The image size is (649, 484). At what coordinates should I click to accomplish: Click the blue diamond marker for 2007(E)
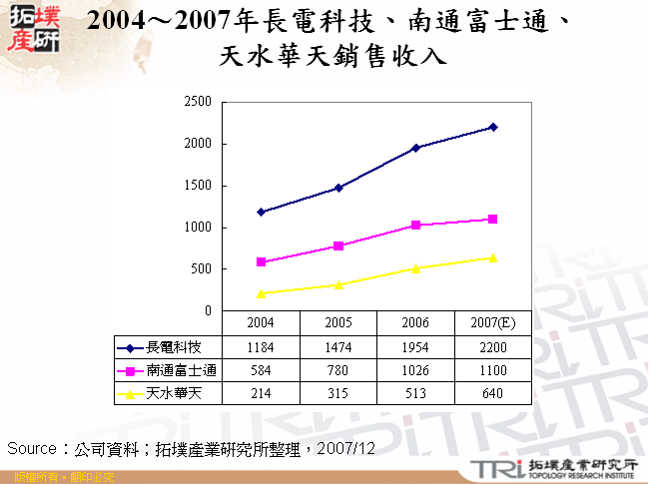point(493,127)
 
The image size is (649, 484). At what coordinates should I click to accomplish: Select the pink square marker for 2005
point(338,245)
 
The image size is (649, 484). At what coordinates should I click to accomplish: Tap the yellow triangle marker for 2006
point(415,268)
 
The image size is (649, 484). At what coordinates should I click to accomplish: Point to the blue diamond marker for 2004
point(261,212)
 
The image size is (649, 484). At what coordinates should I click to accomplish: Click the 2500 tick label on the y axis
point(199,102)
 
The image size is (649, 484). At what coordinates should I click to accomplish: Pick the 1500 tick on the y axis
point(199,186)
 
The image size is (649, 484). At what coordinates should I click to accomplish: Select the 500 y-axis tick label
point(202,269)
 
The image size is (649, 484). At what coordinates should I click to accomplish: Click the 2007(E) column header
point(493,324)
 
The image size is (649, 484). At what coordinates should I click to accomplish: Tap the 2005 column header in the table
point(338,324)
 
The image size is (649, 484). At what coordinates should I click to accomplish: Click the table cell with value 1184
point(261,347)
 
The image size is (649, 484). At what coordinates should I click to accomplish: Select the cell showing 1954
point(415,347)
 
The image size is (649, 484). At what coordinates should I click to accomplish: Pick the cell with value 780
point(338,370)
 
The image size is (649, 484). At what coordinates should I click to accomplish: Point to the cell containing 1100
point(493,370)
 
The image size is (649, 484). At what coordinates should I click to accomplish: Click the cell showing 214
point(261,393)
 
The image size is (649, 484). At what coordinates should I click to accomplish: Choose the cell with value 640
point(493,393)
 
